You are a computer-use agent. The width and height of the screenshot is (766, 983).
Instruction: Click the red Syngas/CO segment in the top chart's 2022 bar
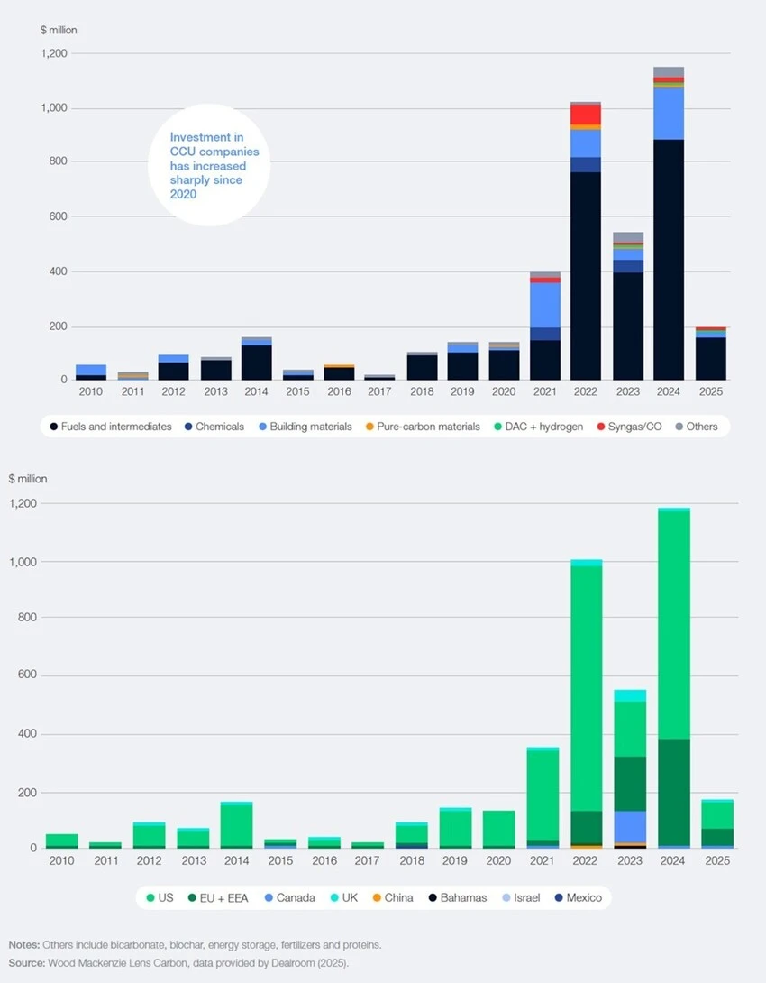(586, 115)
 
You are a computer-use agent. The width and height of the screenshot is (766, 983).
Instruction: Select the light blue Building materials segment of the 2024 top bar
(668, 114)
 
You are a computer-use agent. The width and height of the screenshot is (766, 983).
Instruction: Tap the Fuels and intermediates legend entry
(111, 427)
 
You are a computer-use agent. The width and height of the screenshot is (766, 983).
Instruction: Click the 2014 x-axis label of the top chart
(257, 393)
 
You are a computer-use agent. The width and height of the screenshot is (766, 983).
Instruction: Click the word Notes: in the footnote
(24, 944)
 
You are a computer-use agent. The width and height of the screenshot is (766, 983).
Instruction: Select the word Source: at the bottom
(28, 963)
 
